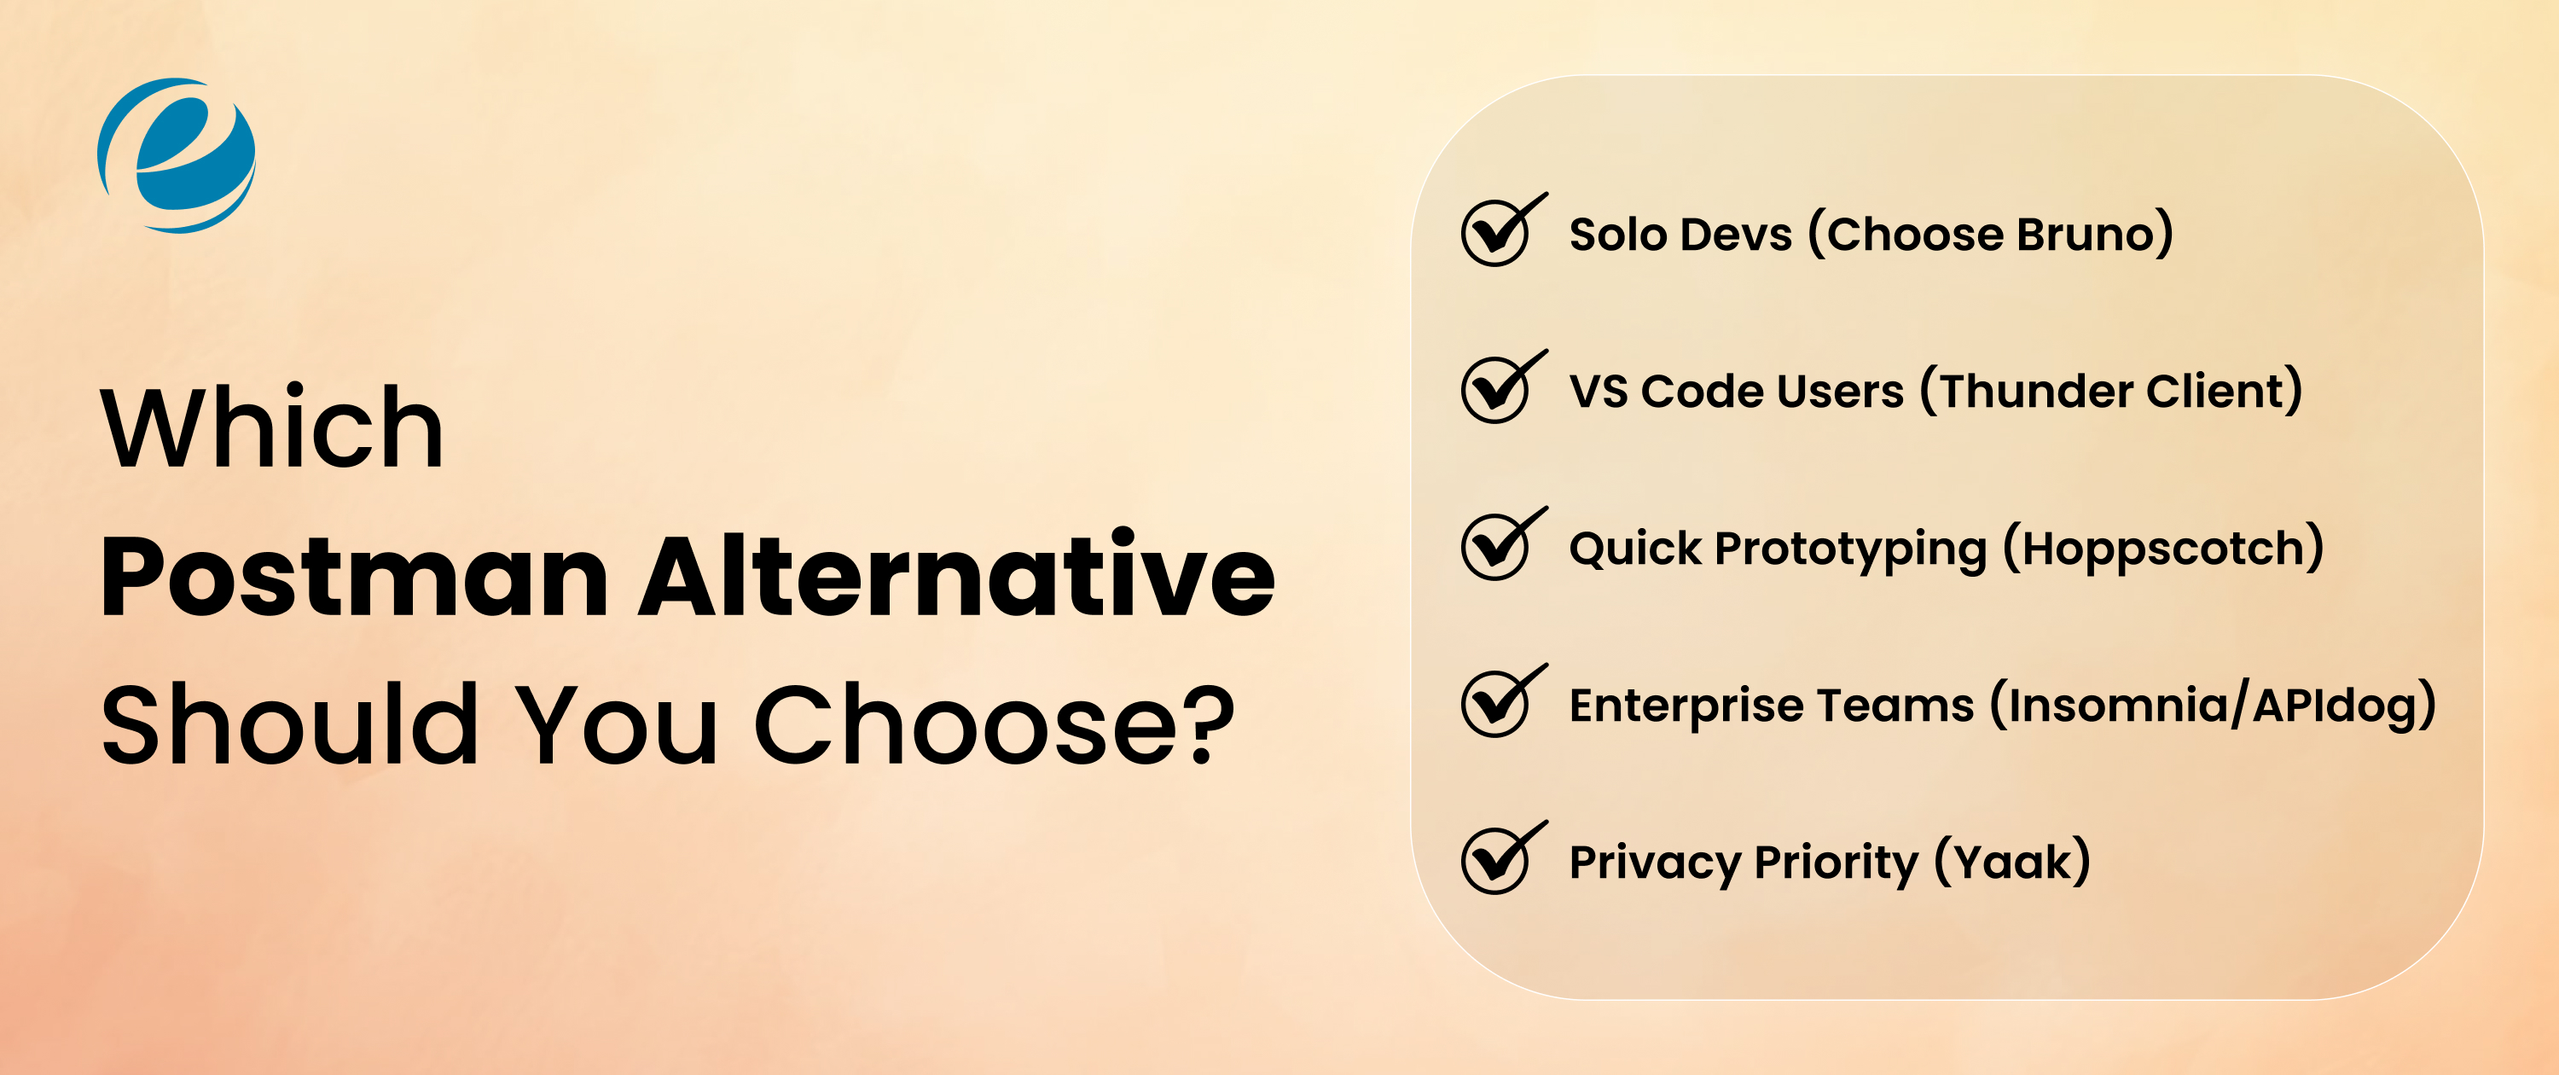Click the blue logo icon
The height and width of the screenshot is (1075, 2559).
tap(177, 155)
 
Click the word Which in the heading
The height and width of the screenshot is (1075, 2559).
tap(272, 427)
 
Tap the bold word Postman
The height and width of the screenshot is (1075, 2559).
tap(354, 576)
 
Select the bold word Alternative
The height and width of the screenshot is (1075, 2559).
tap(955, 576)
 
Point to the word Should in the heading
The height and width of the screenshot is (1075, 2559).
tap(290, 725)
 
